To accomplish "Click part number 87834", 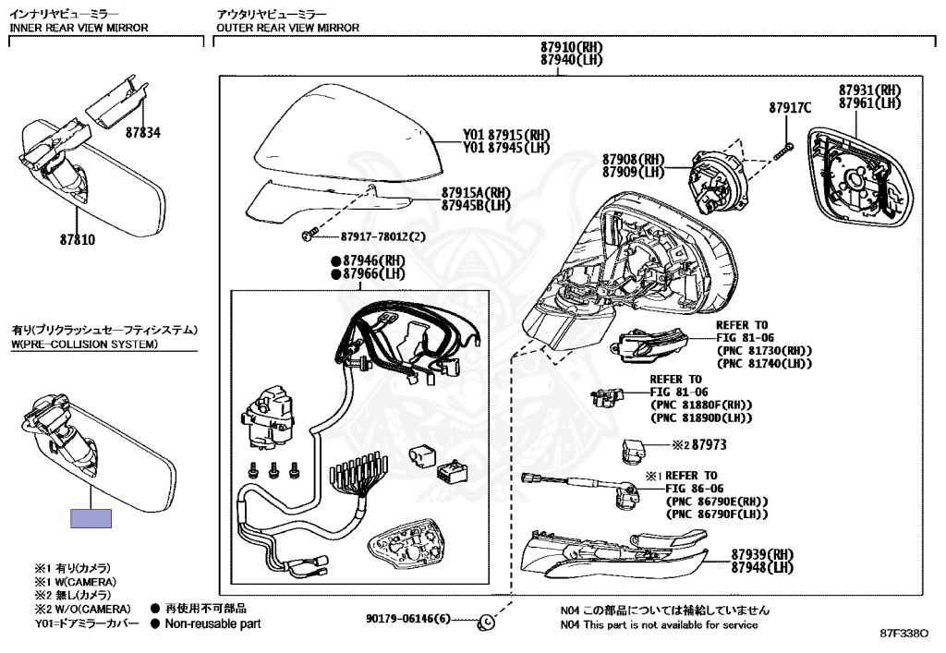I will coord(142,132).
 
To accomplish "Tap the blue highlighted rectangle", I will coord(91,518).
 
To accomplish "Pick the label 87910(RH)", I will coord(572,47).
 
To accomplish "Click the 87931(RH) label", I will coord(869,90).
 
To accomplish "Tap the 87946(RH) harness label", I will coord(374,261).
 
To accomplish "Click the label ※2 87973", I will coord(698,444).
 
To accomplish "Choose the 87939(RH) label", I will coord(762,554).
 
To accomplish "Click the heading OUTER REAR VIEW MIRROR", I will coord(286,28).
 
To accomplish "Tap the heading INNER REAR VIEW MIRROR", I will coord(79,28).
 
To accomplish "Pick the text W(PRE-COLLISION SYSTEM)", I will coord(84,345).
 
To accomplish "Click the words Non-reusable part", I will coord(212,623).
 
